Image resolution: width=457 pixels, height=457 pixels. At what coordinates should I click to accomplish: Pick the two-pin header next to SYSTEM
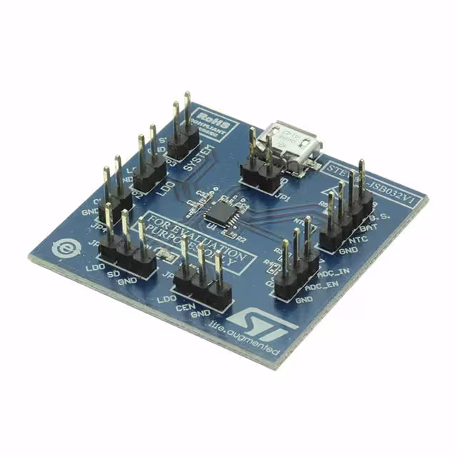(x=183, y=129)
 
